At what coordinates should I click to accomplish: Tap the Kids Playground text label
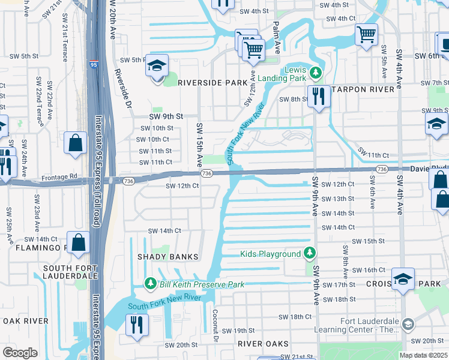point(271,254)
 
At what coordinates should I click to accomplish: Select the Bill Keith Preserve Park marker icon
point(151,283)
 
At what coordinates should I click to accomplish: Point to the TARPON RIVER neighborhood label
point(364,89)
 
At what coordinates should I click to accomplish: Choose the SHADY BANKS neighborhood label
point(171,257)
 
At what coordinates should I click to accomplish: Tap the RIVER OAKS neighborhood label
point(263,344)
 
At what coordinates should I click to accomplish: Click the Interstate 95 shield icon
point(94,64)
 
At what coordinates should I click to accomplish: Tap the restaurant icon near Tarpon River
point(318,96)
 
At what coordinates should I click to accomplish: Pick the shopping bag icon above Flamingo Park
point(78,242)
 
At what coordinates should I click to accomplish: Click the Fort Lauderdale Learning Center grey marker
point(408,325)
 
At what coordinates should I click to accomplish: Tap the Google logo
point(20,353)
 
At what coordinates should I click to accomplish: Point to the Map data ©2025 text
point(423,355)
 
